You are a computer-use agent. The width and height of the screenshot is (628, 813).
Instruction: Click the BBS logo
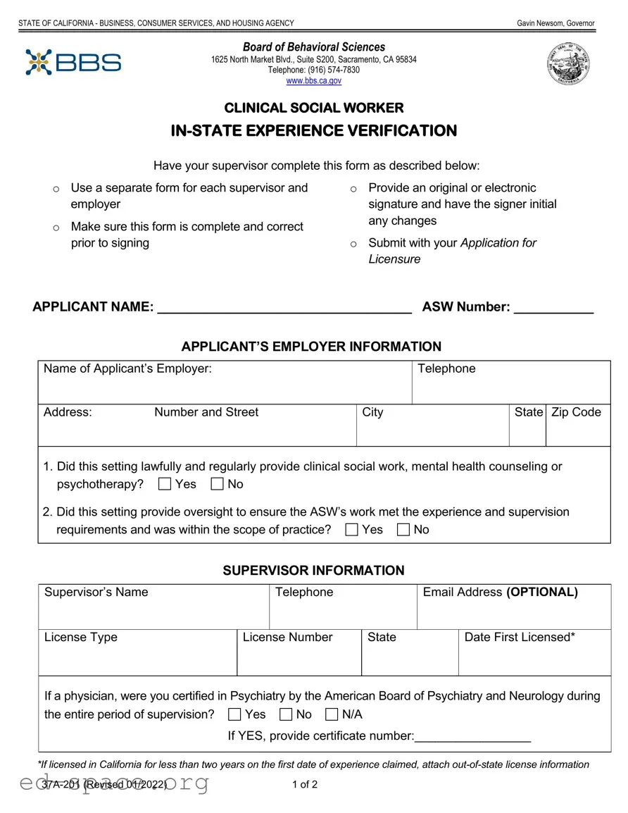click(73, 62)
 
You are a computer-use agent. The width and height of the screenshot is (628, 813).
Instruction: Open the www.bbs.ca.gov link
click(313, 81)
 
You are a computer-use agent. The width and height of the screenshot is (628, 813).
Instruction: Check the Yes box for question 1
click(165, 484)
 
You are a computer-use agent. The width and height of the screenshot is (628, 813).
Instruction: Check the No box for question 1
click(218, 484)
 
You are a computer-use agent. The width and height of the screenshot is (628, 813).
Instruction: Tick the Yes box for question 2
click(351, 530)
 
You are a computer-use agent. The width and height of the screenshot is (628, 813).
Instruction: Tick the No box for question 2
click(403, 530)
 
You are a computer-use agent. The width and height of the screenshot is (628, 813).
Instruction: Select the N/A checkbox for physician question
click(332, 715)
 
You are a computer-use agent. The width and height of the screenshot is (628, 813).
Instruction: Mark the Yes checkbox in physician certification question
click(234, 715)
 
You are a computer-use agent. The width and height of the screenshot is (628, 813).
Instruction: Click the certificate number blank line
click(472, 737)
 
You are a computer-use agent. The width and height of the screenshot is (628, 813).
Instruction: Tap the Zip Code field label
click(576, 412)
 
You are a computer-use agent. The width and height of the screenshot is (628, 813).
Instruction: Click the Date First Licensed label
click(520, 637)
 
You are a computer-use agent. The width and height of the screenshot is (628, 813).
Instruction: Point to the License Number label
click(287, 637)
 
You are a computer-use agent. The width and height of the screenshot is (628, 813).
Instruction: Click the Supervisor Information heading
click(314, 571)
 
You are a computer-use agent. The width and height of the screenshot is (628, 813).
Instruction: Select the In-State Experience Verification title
click(314, 131)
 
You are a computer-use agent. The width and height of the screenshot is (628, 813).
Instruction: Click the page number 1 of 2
click(305, 785)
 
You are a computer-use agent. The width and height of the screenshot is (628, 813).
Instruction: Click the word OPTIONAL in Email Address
click(541, 592)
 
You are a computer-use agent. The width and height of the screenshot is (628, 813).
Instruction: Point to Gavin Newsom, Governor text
click(555, 23)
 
